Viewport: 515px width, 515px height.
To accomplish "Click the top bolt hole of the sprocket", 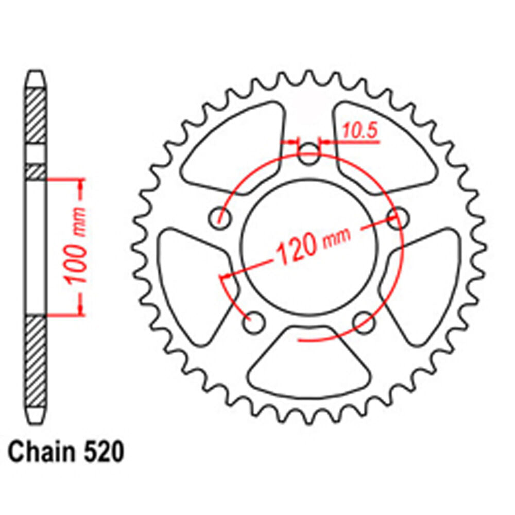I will [x=309, y=156].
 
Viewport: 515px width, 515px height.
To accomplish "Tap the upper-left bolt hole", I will [x=220, y=219].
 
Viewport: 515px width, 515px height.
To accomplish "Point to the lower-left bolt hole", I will [x=253, y=323].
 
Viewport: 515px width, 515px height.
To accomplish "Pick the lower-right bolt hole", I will [x=365, y=322].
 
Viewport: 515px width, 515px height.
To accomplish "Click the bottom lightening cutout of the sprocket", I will [x=309, y=363].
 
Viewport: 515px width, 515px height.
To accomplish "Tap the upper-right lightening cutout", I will [x=384, y=144].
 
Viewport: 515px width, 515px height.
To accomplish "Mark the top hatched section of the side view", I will [x=36, y=116].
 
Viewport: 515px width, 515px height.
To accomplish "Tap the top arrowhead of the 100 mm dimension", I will [x=80, y=183].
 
